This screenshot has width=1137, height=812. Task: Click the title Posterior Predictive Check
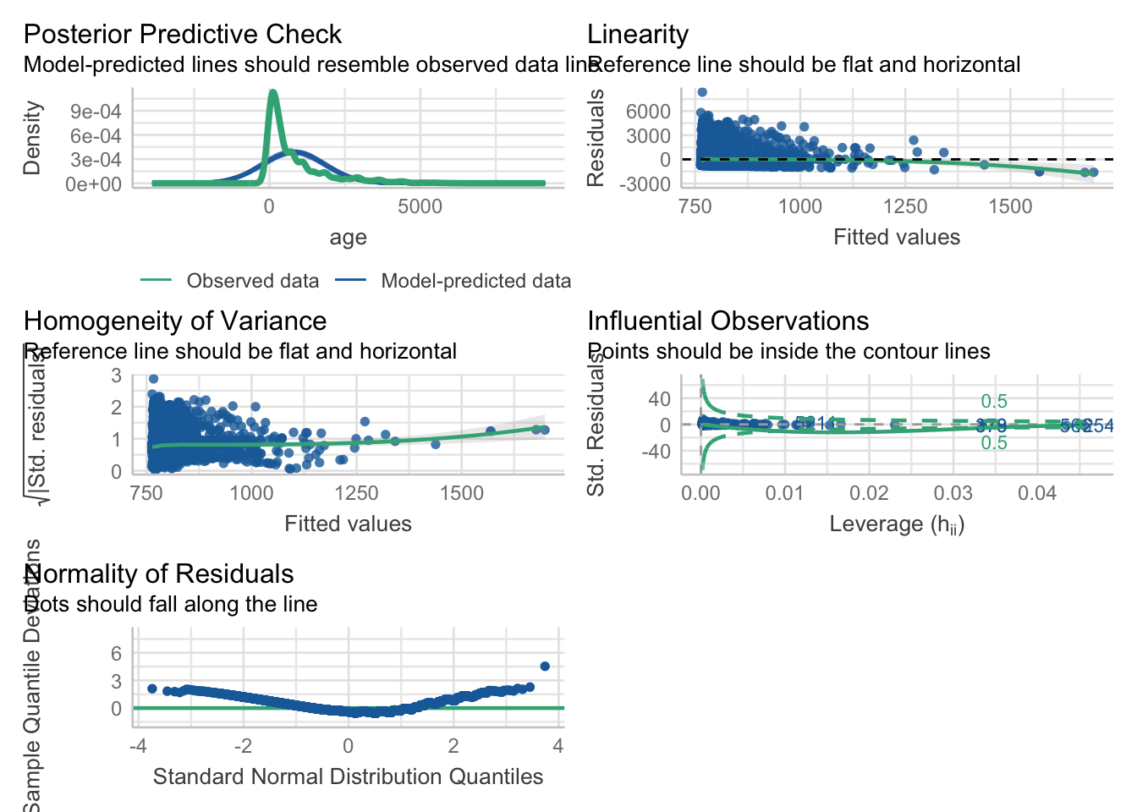click(182, 35)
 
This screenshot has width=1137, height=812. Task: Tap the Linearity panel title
click(637, 35)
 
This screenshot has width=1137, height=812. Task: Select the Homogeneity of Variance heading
click(174, 321)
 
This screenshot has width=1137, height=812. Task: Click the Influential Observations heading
click(728, 321)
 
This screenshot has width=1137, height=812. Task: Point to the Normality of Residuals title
click(159, 574)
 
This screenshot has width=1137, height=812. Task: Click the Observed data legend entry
click(252, 281)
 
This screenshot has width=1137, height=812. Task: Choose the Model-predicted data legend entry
click(475, 281)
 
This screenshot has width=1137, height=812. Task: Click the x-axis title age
click(348, 238)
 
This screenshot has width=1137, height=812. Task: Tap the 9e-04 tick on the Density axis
click(96, 112)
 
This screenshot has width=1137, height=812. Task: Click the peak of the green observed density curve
click(272, 92)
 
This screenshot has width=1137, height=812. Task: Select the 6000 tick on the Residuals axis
click(648, 112)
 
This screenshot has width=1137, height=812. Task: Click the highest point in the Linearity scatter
click(701, 92)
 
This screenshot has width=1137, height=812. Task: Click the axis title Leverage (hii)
click(897, 524)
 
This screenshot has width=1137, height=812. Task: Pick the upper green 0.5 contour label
click(994, 402)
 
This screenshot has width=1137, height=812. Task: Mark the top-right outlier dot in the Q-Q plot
click(545, 667)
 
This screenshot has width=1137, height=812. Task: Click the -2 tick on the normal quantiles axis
click(243, 747)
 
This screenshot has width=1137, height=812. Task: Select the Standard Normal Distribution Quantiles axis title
click(348, 777)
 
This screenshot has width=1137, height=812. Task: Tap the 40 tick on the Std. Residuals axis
click(659, 399)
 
